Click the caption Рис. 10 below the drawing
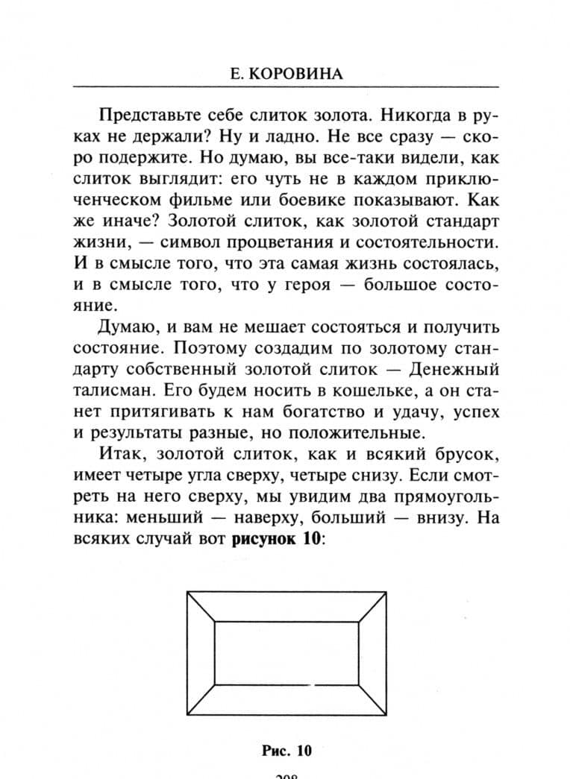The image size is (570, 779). click(286, 750)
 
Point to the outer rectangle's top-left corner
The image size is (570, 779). click(187, 592)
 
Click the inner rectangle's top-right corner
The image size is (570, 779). click(360, 621)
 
